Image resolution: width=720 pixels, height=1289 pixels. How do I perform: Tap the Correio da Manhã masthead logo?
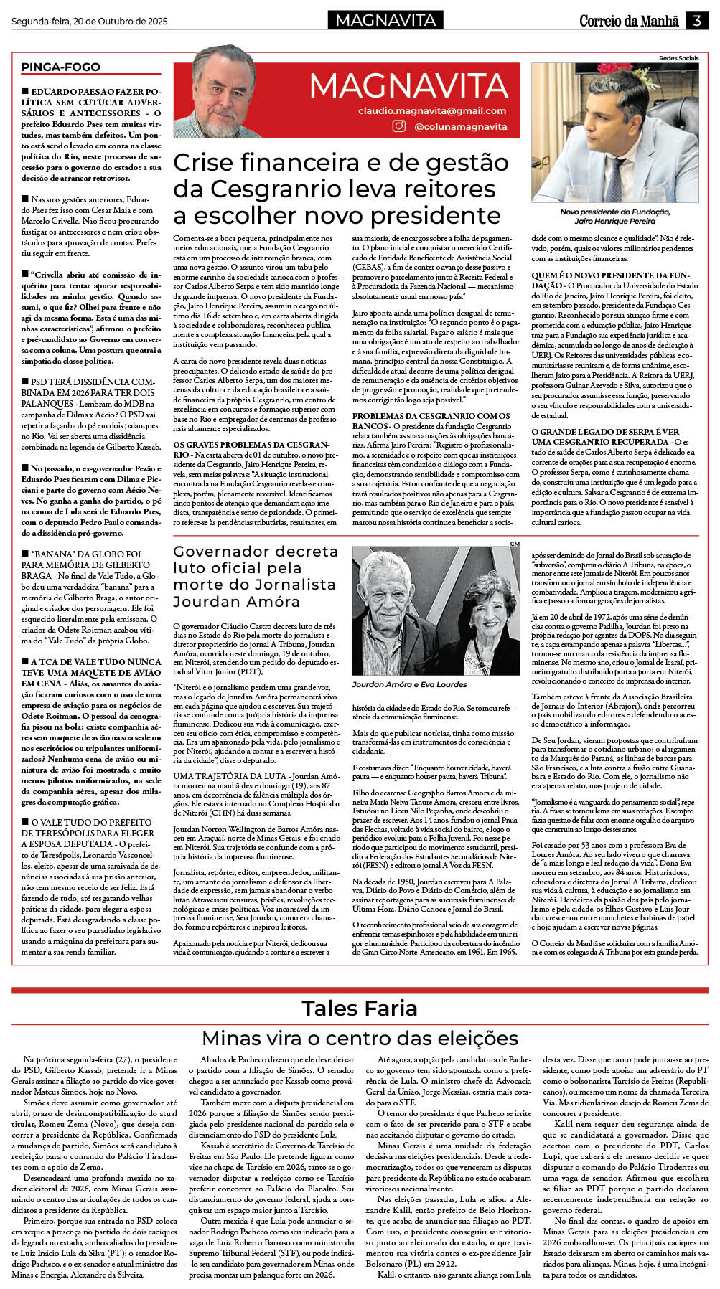click(629, 22)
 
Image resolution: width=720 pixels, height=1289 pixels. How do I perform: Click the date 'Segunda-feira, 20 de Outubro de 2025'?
click(90, 22)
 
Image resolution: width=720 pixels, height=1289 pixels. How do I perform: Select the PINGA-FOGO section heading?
click(60, 67)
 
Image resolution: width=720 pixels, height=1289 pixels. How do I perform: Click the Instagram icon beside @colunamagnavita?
click(399, 126)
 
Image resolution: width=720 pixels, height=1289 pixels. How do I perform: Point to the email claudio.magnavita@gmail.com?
click(432, 111)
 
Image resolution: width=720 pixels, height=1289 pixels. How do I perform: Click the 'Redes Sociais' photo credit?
click(678, 58)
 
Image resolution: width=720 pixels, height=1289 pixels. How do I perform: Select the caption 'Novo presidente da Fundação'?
click(614, 212)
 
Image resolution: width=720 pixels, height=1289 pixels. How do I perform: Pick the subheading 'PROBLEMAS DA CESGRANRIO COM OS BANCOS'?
click(431, 420)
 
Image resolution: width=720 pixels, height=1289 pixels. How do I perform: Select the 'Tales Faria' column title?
click(359, 1008)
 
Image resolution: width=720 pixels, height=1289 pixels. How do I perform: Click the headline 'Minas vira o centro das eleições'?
click(360, 1038)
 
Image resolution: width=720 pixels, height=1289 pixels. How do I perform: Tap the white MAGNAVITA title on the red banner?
click(408, 87)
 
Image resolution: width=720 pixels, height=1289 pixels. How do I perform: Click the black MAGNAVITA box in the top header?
click(385, 21)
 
